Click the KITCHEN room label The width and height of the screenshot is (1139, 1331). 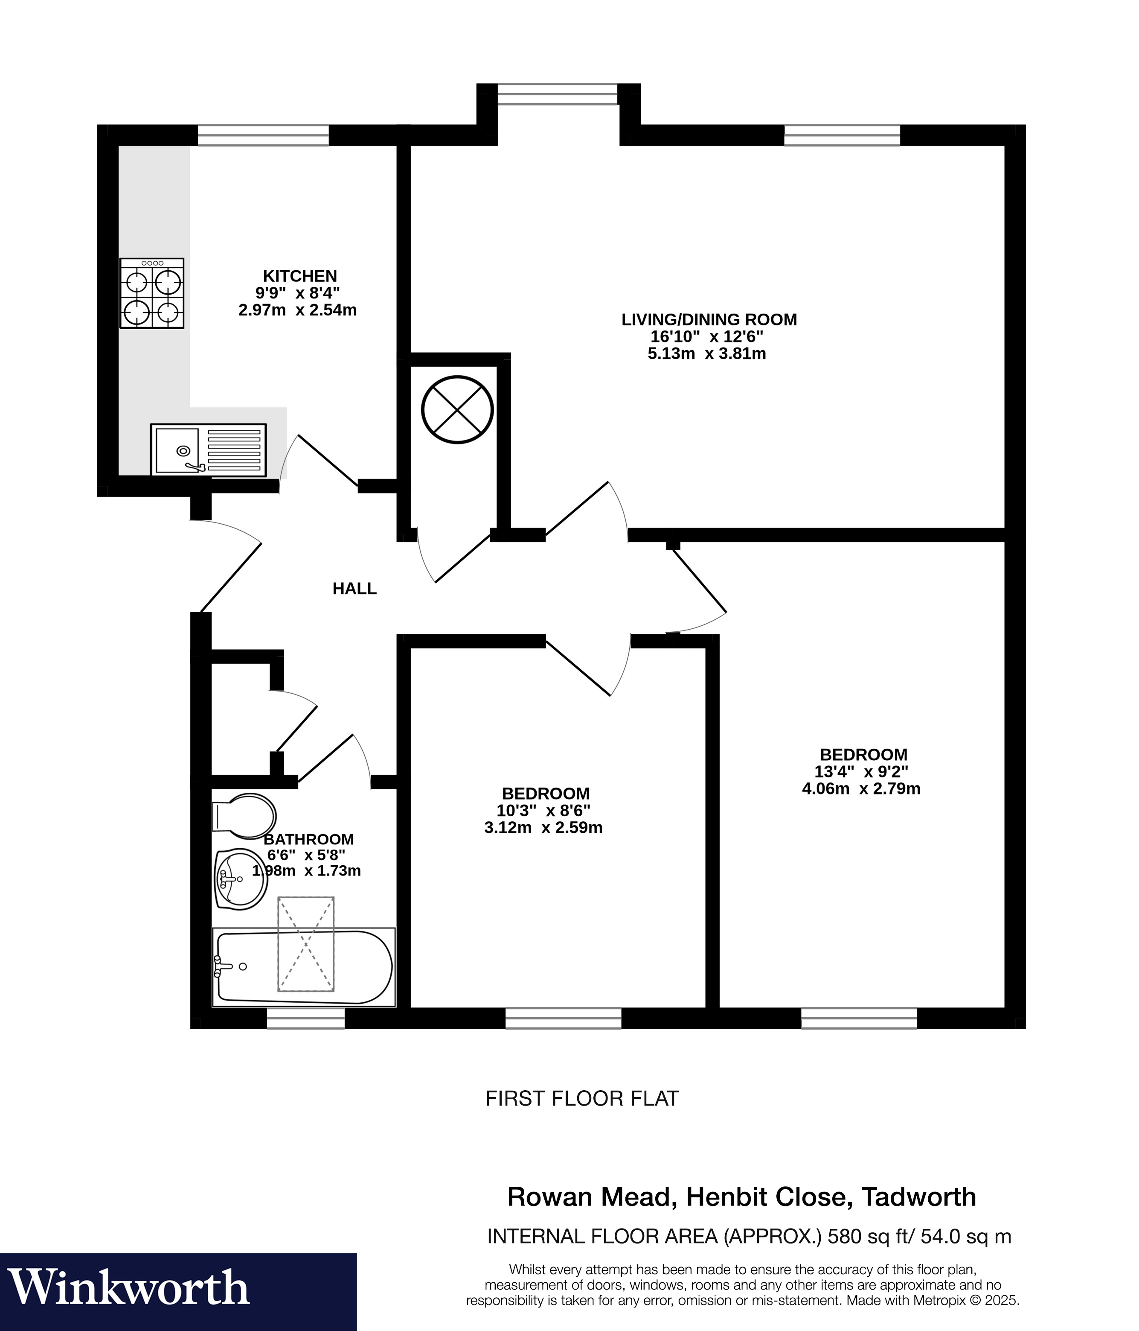[300, 276]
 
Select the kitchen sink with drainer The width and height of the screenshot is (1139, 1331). [208, 450]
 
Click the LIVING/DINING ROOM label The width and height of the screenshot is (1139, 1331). [709, 319]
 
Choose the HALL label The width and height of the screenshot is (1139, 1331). [354, 588]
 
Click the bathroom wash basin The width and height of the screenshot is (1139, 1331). [240, 879]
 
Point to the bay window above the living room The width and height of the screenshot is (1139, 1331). [557, 94]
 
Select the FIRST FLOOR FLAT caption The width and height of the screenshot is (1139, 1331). [582, 1098]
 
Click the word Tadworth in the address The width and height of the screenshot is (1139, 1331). [918, 1197]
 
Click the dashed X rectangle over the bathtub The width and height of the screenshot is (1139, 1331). [305, 944]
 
